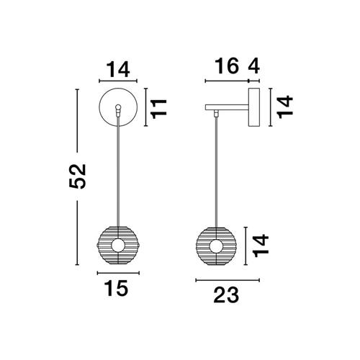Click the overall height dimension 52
point(78,176)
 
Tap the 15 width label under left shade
point(116,288)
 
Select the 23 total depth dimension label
point(226,294)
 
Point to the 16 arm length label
point(227,66)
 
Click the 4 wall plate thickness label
point(254,66)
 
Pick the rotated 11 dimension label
point(158,109)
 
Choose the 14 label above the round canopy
point(118,70)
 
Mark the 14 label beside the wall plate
point(285,107)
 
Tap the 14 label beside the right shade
point(261,246)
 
